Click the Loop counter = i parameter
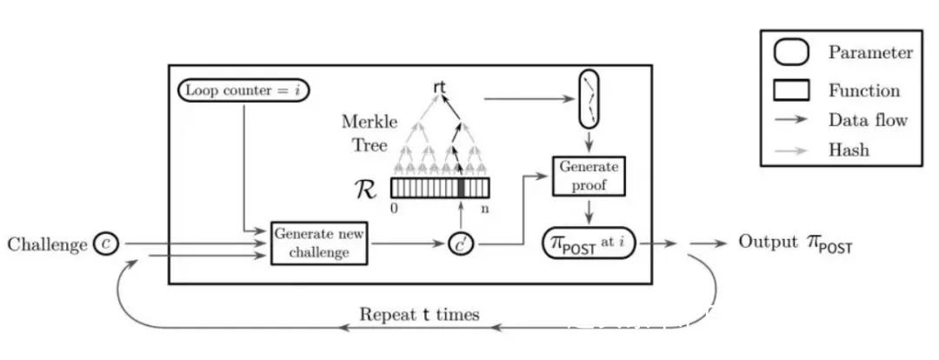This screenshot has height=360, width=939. [243, 90]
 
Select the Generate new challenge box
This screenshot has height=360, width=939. [318, 243]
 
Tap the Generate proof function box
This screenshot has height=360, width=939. [589, 177]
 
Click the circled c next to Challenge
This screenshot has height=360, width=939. [106, 243]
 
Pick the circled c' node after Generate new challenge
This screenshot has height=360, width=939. [461, 243]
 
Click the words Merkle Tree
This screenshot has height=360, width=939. [370, 134]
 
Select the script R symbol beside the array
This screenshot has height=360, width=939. [366, 189]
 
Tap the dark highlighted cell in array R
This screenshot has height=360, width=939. [461, 188]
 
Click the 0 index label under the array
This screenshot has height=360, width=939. [394, 210]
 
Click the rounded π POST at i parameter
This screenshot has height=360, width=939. [589, 243]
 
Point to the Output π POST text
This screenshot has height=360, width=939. [795, 243]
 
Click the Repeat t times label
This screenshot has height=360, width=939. [419, 315]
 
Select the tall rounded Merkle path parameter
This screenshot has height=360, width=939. [589, 99]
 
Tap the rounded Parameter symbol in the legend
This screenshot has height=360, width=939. [791, 53]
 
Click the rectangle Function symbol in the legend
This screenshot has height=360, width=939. [791, 90]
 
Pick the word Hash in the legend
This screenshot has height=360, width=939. [849, 150]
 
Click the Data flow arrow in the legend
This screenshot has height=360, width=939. [790, 120]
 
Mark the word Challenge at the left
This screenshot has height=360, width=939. [47, 244]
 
